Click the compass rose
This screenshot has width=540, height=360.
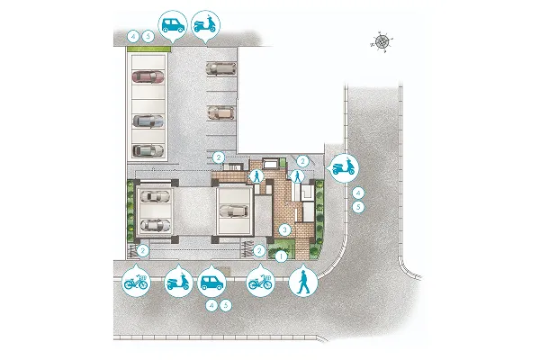pos(382,41)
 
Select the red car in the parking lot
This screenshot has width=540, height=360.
pos(148,76)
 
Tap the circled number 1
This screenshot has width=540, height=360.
pos(281,256)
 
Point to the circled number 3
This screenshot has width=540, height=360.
pos(284,229)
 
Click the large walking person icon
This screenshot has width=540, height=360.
pos(303,281)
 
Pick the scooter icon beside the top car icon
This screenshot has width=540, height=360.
pos(205,25)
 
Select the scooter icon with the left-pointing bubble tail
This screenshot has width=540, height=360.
pos(344,167)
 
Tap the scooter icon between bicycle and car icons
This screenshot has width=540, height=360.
pos(178,282)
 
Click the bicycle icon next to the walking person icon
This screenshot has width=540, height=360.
pos(261,282)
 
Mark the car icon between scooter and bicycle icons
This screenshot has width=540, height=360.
pos(211,282)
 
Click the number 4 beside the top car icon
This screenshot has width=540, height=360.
pos(133,36)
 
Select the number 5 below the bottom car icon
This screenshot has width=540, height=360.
pos(226,306)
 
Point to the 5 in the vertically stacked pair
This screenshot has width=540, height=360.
pos(358,207)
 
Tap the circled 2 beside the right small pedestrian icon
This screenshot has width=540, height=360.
pos(303,161)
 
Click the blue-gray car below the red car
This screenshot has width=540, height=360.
pos(148,121)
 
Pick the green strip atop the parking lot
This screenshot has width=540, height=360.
pos(148,49)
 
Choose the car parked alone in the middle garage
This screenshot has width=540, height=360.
pos(233,211)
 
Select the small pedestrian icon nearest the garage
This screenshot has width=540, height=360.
pos(256,176)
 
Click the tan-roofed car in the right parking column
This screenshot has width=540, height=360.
pos(220,112)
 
